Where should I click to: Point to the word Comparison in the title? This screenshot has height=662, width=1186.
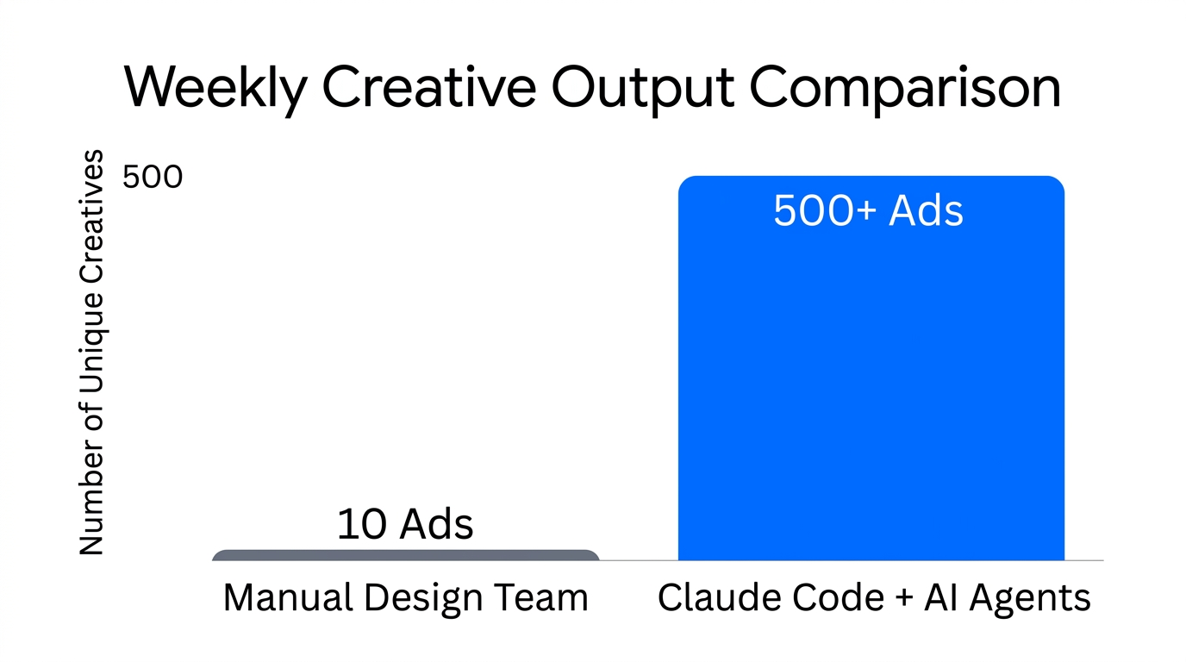[904, 87]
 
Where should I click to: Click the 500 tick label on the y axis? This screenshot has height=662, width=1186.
[153, 178]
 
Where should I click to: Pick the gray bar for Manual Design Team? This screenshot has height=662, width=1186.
[405, 555]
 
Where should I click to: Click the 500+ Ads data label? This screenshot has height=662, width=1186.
[868, 211]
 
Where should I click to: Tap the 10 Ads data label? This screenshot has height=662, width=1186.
[405, 524]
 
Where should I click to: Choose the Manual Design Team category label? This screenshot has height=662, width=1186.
[405, 597]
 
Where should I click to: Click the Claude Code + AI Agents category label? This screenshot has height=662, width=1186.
[874, 597]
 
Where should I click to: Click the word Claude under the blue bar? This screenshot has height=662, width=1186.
[707, 597]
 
